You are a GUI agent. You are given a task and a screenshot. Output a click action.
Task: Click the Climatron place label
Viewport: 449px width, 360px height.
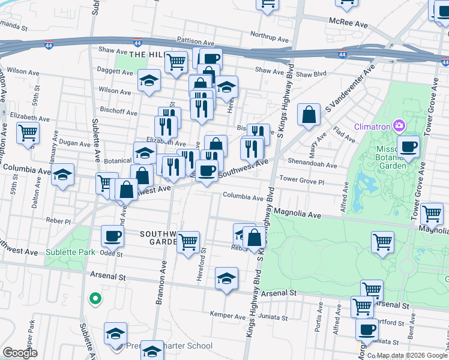click(372, 126)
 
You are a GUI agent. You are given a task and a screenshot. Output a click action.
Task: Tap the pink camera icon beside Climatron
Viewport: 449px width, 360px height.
click(398, 125)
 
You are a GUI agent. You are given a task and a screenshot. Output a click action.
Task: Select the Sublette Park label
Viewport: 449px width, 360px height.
click(70, 253)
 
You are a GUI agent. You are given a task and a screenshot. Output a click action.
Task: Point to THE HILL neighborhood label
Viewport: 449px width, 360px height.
click(146, 54)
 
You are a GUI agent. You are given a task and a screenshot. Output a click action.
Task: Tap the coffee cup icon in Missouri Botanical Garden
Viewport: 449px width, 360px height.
click(408, 146)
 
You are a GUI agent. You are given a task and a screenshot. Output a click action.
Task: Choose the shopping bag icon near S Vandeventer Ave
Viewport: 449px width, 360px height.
click(308, 116)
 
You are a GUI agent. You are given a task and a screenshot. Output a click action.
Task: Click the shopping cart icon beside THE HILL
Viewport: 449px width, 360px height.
click(176, 62)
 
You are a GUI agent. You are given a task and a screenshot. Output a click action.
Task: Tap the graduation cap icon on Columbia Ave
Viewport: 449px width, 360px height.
click(62, 176)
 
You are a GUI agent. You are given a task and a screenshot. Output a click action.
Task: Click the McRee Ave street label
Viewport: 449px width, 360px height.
click(348, 22)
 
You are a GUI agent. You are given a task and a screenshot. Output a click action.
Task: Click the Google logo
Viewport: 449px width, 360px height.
click(20, 353)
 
